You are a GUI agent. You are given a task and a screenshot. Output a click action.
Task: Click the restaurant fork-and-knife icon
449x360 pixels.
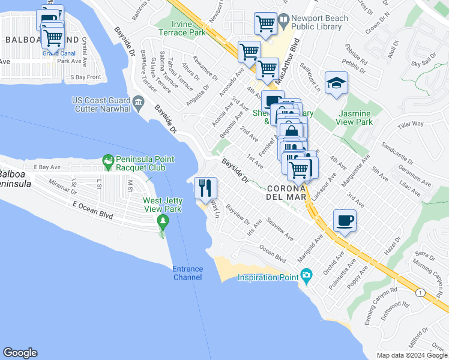pyautogui.click(x=205, y=188)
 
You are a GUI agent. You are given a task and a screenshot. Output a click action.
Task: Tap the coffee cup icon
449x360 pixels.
pyautogui.click(x=345, y=220)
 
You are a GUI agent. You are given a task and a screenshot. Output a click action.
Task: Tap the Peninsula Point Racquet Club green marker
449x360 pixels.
pyautogui.click(x=108, y=160)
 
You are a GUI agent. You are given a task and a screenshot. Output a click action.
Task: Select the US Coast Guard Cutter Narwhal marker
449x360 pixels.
pyautogui.click(x=139, y=101)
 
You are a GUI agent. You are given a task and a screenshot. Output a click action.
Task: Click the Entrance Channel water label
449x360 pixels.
pyautogui.click(x=187, y=273)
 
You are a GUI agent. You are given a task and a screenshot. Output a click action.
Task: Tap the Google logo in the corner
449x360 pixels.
pyautogui.click(x=20, y=353)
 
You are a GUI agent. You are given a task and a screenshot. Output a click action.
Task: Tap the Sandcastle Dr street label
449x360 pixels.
pyautogui.click(x=398, y=154)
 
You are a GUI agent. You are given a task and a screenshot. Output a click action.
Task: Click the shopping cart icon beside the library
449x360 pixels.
pyautogui.click(x=265, y=23)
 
